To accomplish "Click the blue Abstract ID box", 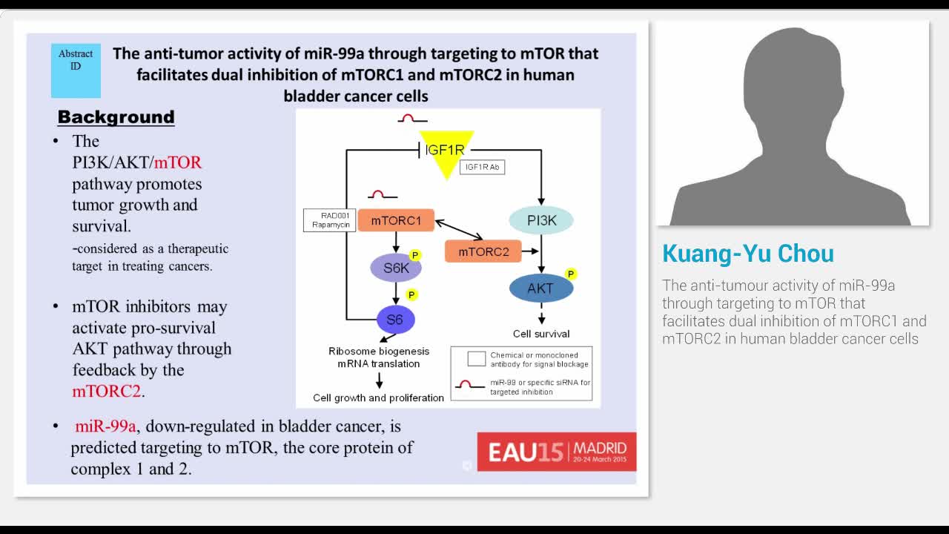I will pyautogui.click(x=76, y=70).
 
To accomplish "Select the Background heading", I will pyautogui.click(x=116, y=117).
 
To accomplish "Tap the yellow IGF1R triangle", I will pyautogui.click(x=446, y=153).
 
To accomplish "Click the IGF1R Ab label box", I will pyautogui.click(x=482, y=168).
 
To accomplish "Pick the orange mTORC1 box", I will pyautogui.click(x=396, y=220).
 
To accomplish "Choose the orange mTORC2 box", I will pyautogui.click(x=483, y=251).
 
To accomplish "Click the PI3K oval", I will pyautogui.click(x=541, y=220).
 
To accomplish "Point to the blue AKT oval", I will pyautogui.click(x=540, y=289).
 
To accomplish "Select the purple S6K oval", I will pyautogui.click(x=396, y=268).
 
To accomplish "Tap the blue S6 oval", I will pyautogui.click(x=395, y=320).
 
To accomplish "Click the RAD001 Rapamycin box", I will pyautogui.click(x=330, y=220).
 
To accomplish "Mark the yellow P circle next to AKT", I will pyautogui.click(x=570, y=274).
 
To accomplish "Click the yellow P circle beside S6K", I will pyautogui.click(x=415, y=255).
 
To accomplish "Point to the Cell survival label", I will pyautogui.click(x=541, y=334).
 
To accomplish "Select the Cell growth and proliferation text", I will pyautogui.click(x=378, y=398).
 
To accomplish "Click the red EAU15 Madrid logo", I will pyautogui.click(x=556, y=451).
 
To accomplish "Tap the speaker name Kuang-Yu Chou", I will pyautogui.click(x=747, y=254).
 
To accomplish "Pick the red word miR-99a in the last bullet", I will pyautogui.click(x=105, y=426).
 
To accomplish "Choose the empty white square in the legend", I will pyautogui.click(x=477, y=359).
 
